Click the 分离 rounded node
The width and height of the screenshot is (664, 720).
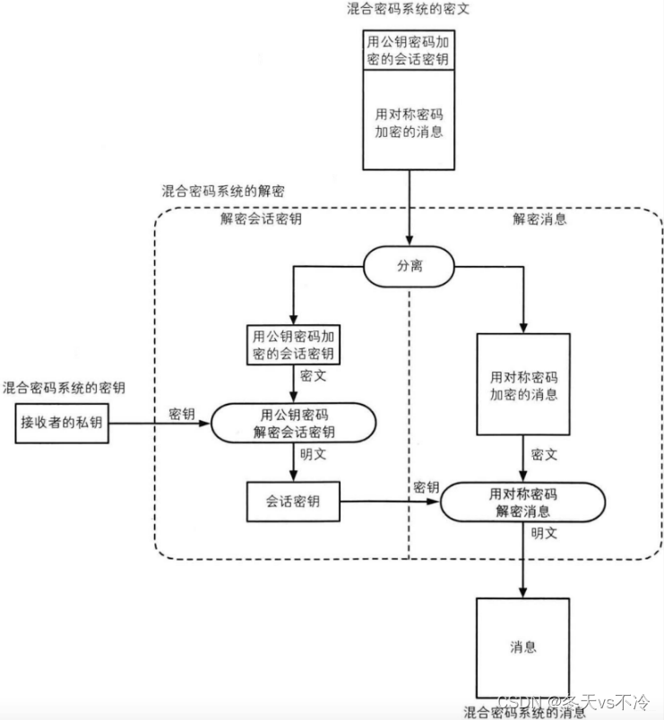(409, 266)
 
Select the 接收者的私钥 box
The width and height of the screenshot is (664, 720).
(62, 423)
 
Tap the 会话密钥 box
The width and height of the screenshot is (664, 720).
(293, 501)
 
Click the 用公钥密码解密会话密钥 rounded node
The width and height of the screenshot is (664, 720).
(294, 423)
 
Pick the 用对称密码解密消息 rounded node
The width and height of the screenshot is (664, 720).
(523, 501)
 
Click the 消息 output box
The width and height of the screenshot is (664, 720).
(523, 647)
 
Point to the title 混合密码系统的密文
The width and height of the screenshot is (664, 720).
(408, 9)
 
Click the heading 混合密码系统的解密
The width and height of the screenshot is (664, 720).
(223, 191)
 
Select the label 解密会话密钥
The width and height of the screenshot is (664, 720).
(261, 219)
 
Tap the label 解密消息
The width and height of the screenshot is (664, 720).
(540, 219)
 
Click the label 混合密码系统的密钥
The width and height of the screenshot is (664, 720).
(64, 388)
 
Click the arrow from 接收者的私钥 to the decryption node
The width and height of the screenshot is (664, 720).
(160, 424)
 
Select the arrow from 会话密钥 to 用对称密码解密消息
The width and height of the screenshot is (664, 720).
(390, 501)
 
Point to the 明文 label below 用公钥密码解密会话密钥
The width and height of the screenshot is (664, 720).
(314, 454)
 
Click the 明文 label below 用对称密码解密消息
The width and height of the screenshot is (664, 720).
(544, 533)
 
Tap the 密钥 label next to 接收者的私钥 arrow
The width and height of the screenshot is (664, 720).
(182, 414)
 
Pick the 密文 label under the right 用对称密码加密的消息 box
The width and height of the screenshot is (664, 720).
(544, 455)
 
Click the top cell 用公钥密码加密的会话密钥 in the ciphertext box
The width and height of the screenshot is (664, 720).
(409, 50)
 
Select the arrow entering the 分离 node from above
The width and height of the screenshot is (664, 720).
(409, 208)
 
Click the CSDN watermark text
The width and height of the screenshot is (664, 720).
(573, 701)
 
